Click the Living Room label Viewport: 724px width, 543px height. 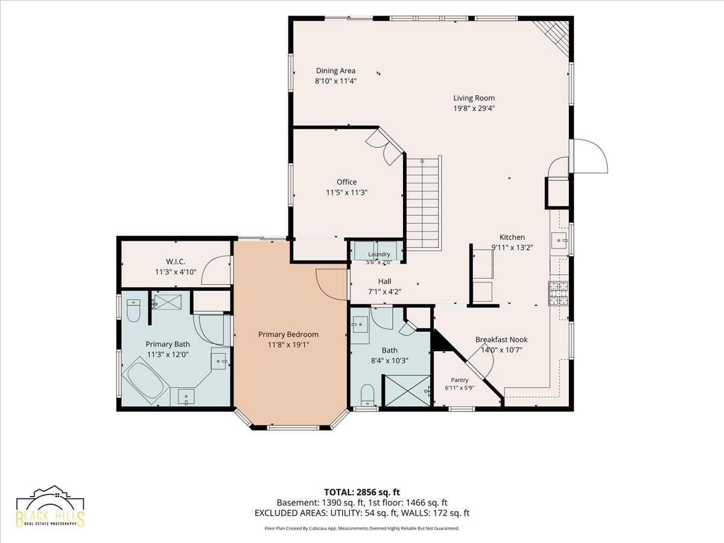pyautogui.click(x=474, y=98)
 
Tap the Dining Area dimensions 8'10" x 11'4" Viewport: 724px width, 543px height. pyautogui.click(x=336, y=81)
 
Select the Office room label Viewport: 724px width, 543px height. pyautogui.click(x=347, y=182)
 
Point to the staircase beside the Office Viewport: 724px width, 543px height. pyautogui.click(x=424, y=203)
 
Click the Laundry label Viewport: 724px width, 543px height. pyautogui.click(x=379, y=254)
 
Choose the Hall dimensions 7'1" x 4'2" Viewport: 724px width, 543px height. pyautogui.click(x=384, y=292)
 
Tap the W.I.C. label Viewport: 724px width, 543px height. pyautogui.click(x=176, y=262)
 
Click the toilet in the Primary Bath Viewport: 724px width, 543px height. pyautogui.click(x=133, y=310)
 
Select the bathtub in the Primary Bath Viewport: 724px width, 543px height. pyautogui.click(x=145, y=383)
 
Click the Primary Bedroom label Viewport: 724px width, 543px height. pyautogui.click(x=288, y=334)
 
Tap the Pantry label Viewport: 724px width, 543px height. pyautogui.click(x=460, y=380)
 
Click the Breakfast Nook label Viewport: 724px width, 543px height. pyautogui.click(x=501, y=340)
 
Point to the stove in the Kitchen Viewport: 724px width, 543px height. pyautogui.click(x=559, y=293)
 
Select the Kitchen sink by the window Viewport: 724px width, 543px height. pyautogui.click(x=560, y=240)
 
